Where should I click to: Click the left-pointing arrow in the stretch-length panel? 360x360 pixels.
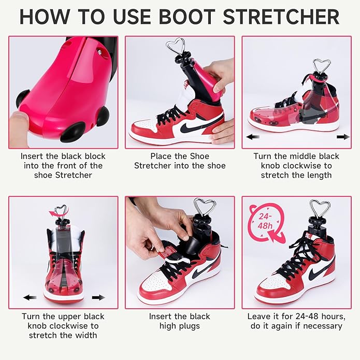[253, 137]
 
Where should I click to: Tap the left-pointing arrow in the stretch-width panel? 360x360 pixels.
[30, 297]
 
